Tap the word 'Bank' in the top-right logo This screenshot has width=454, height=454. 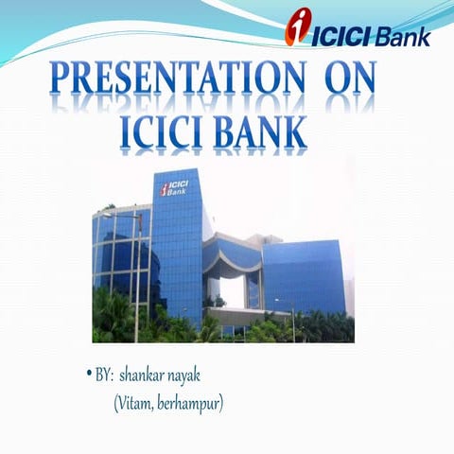(x=403, y=37)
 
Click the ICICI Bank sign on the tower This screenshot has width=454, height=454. (x=174, y=186)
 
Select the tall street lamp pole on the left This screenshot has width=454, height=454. (x=139, y=274)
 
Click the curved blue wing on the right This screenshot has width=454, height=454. (x=303, y=274)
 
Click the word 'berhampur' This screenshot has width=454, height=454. (x=194, y=405)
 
